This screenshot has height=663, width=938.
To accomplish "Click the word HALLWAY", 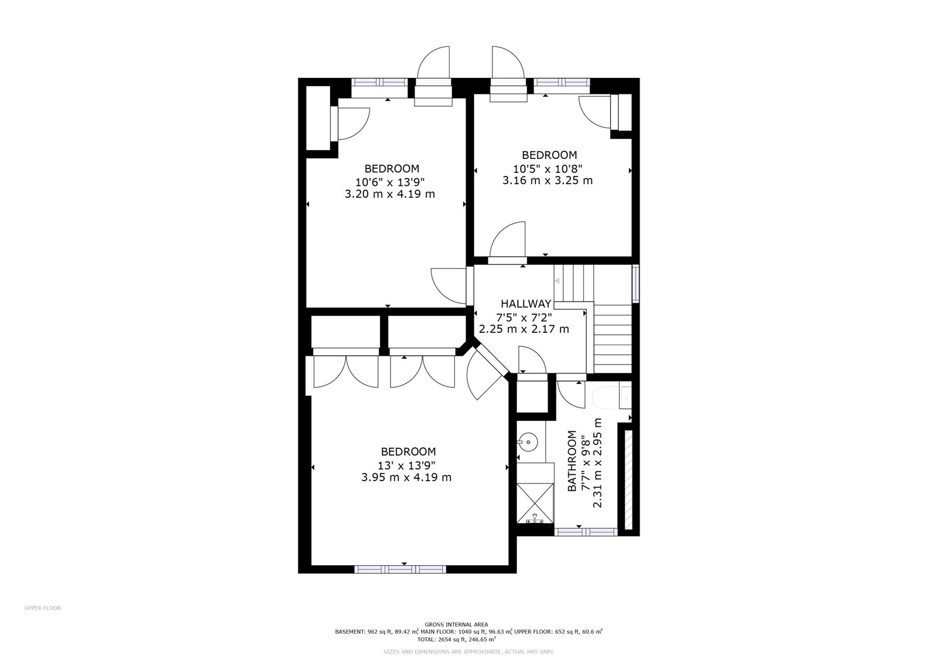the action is pos(526,304).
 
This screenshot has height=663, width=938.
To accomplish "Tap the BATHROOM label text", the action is pos(572,461).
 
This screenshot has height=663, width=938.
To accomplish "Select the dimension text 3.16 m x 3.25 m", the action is pos(548,181).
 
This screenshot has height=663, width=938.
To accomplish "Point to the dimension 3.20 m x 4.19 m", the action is pos(390,194).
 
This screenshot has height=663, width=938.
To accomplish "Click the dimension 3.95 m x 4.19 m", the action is pos(406,477).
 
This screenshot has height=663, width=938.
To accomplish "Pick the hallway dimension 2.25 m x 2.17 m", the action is pos(524,329).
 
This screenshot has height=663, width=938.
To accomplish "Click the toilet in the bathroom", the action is pos(612,397).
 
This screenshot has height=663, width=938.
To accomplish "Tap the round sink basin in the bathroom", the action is pos(528,441).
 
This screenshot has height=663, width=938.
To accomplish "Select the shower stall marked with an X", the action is pos(535,503).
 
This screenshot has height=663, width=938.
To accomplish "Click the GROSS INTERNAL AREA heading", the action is pos(457,624).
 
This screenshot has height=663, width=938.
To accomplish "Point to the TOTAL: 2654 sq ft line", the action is pos(457,640).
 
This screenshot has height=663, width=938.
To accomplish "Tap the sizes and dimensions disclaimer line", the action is pos(469,652).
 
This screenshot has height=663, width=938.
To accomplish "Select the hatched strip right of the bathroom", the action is pos(628,480).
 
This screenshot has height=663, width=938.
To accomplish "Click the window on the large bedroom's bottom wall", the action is pos(400,569).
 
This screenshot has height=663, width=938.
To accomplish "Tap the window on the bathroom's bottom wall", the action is pos(586,532).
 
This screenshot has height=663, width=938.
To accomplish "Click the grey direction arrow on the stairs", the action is pos(557,281).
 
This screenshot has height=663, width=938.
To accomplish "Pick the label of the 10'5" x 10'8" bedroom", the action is pos(549,155).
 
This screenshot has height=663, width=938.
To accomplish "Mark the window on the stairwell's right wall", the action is pos(635,283).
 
